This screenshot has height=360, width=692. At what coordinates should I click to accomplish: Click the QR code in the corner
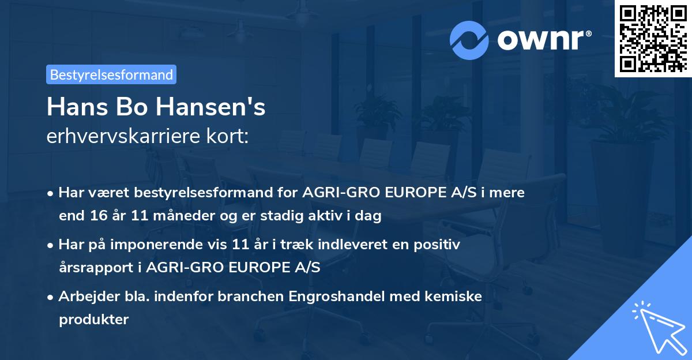tap(653, 38)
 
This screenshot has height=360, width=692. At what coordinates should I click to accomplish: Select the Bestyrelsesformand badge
tap(111, 74)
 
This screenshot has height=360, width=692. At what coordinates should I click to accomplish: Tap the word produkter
tap(93, 320)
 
